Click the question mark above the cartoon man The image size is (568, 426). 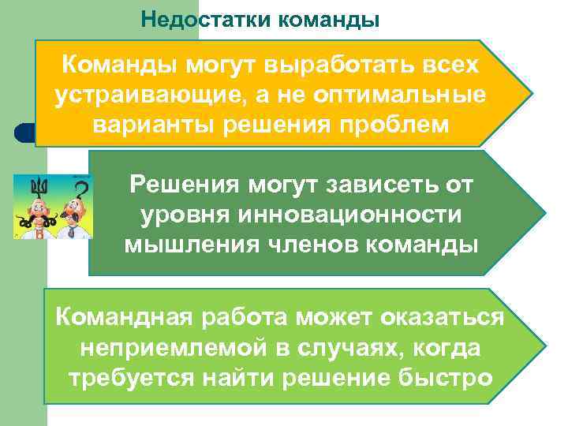pos(80,189)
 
